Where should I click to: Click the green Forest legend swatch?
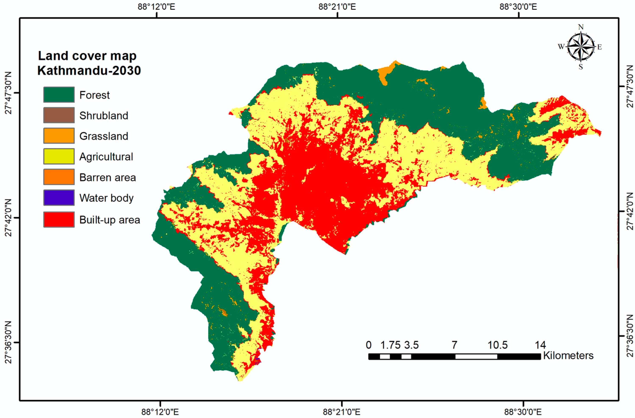[x=59, y=95]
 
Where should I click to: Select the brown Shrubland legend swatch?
[x=59, y=115]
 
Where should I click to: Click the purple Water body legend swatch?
[x=59, y=198]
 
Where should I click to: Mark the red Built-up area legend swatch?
[x=59, y=220]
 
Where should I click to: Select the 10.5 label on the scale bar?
[x=497, y=345]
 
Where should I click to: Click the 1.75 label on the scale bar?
[x=390, y=345]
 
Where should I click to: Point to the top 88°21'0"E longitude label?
[x=337, y=7]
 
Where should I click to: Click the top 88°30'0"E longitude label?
[x=518, y=7]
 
